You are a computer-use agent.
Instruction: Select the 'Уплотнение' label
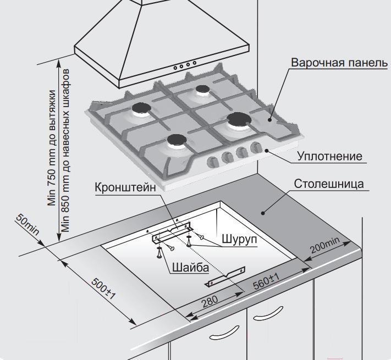[331, 157]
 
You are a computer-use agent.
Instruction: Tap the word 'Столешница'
[329, 183]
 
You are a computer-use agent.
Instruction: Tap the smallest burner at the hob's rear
[201, 89]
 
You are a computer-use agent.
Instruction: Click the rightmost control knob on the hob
[255, 148]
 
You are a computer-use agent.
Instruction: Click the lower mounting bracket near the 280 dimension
[225, 276]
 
